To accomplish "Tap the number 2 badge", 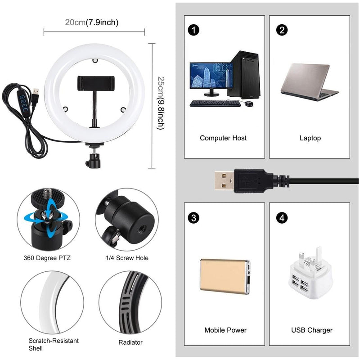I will point(282,30).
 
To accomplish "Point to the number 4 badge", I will point(282,218).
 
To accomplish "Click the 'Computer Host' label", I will point(223,138).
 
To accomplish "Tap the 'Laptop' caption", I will point(310,138).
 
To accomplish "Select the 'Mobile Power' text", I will point(225,330).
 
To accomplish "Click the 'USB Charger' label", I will point(311,330).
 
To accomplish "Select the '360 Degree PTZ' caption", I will point(47,258).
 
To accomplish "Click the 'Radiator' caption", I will point(130,342).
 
